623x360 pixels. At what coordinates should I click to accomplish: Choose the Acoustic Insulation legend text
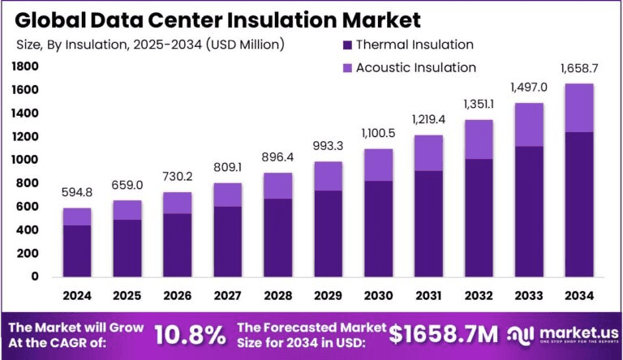coord(416,67)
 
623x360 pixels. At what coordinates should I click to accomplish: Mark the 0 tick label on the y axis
coord(34,276)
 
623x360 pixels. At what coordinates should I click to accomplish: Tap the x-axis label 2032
coord(478,295)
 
